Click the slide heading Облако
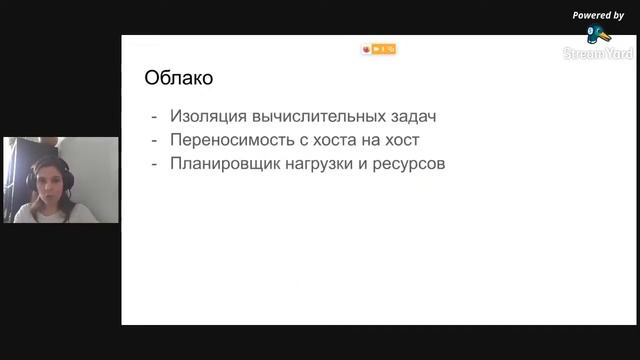[x=179, y=77]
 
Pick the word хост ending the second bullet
[x=400, y=139]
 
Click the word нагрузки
[x=320, y=162]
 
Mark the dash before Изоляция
[x=153, y=116]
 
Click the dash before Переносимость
[x=153, y=139]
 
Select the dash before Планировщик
[x=153, y=162]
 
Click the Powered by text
[x=598, y=15]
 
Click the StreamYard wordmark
[x=597, y=53]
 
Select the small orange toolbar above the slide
[x=379, y=48]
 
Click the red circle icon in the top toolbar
[x=367, y=48]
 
